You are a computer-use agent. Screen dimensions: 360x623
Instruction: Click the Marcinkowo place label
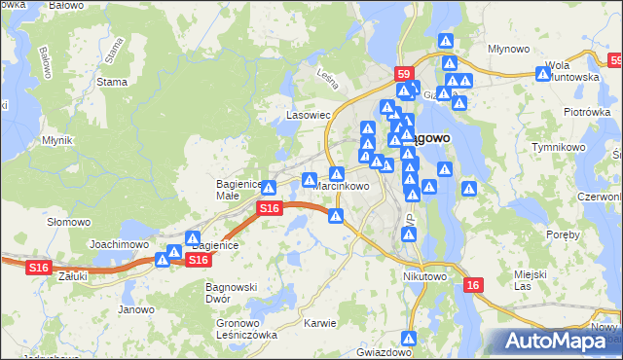tap(341, 186)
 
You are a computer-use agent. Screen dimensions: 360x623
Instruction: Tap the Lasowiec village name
tap(309, 115)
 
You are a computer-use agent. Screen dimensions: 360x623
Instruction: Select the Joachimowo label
tap(119, 245)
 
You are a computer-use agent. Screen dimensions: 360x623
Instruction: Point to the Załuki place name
tap(73, 276)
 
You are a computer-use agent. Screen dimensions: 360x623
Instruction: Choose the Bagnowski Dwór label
tap(231, 293)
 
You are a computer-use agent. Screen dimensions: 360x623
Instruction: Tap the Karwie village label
tap(319, 323)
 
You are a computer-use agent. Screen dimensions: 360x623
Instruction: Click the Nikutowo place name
tap(423, 276)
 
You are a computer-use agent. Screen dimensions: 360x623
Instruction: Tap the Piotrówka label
tap(586, 112)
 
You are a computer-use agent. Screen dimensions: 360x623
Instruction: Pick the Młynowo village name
tap(508, 48)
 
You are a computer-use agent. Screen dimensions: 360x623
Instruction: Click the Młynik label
tap(57, 140)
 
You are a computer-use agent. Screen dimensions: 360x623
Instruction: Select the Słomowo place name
tap(68, 222)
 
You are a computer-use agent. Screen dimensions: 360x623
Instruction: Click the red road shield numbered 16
tap(472, 284)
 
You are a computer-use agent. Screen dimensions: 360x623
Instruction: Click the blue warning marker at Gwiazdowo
tap(410, 339)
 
